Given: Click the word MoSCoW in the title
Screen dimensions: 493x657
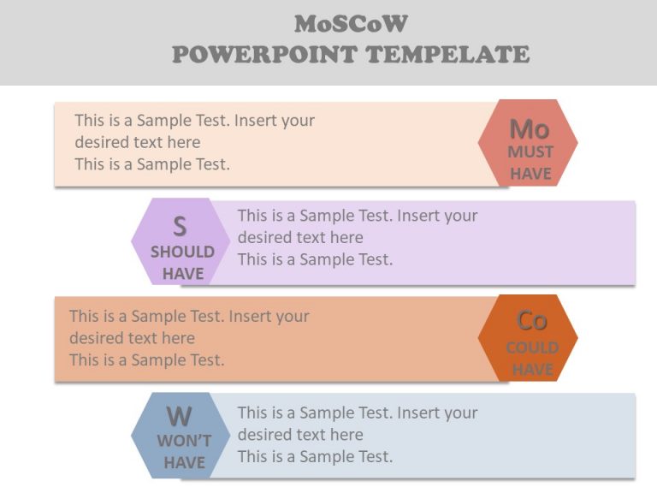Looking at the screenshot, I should pyautogui.click(x=351, y=23).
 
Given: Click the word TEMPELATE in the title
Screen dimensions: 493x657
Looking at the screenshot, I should pyautogui.click(x=448, y=55).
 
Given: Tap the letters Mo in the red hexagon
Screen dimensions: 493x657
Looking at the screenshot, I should pyautogui.click(x=530, y=129).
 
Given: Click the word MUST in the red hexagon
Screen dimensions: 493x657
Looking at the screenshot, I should pyautogui.click(x=530, y=152).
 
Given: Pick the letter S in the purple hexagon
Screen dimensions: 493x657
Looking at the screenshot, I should pyautogui.click(x=180, y=227).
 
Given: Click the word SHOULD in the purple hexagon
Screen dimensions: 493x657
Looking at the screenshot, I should pyautogui.click(x=182, y=252).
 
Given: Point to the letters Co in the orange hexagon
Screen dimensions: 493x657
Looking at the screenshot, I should pyautogui.click(x=531, y=320).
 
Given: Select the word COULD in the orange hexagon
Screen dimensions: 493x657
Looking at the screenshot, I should pyautogui.click(x=532, y=347).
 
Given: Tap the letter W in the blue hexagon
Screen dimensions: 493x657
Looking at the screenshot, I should pyautogui.click(x=179, y=417).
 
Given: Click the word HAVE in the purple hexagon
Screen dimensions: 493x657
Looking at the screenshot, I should pyautogui.click(x=183, y=274).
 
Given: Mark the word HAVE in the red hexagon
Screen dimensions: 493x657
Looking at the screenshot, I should pyautogui.click(x=530, y=174).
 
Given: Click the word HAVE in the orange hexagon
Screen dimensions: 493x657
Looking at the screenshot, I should pyautogui.click(x=532, y=370).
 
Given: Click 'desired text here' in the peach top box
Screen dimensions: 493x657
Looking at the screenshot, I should pyautogui.click(x=138, y=142).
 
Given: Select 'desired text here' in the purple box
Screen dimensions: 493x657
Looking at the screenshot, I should pyautogui.click(x=300, y=237).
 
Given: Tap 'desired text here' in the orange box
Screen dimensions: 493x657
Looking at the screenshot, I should pyautogui.click(x=132, y=338).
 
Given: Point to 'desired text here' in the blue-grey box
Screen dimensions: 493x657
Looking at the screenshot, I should pyautogui.click(x=300, y=434).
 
